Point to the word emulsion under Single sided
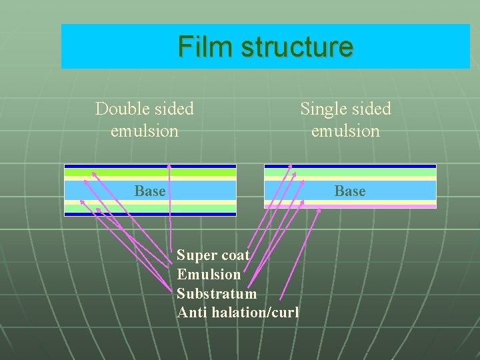pyautogui.click(x=345, y=131)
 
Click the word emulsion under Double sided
pyautogui.click(x=145, y=131)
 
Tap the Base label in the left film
pyautogui.click(x=150, y=191)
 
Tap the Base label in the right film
pyautogui.click(x=350, y=191)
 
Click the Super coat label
pyautogui.click(x=213, y=255)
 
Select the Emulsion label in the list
pyautogui.click(x=209, y=274)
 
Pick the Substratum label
pyautogui.click(x=217, y=293)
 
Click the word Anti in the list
pyautogui.click(x=191, y=312)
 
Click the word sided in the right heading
pyautogui.click(x=371, y=109)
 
